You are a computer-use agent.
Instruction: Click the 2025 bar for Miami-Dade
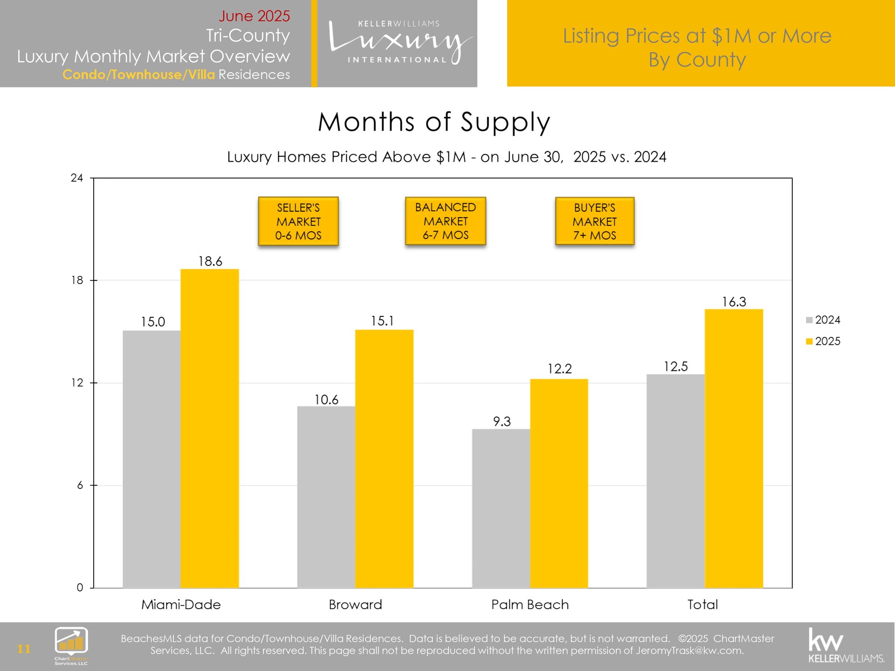tap(210, 429)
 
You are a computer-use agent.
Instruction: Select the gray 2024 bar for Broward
tap(326, 497)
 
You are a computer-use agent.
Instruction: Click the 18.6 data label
tap(210, 261)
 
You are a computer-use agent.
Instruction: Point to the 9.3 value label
tap(502, 422)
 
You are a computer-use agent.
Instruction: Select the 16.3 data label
tap(734, 302)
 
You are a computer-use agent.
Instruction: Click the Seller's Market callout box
tap(298, 221)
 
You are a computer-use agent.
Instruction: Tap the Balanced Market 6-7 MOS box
tap(446, 221)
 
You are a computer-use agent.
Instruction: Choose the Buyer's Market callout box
tap(595, 221)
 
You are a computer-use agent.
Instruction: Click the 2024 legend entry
tap(823, 320)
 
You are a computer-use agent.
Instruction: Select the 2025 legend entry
tap(823, 341)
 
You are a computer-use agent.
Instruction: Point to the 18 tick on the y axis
tap(77, 281)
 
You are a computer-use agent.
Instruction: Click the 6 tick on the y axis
tap(80, 485)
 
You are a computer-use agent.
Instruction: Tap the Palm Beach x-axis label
tap(530, 605)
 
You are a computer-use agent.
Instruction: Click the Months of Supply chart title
tap(434, 122)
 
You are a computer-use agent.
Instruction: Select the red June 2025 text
tap(254, 16)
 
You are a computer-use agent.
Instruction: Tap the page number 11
tap(24, 649)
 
